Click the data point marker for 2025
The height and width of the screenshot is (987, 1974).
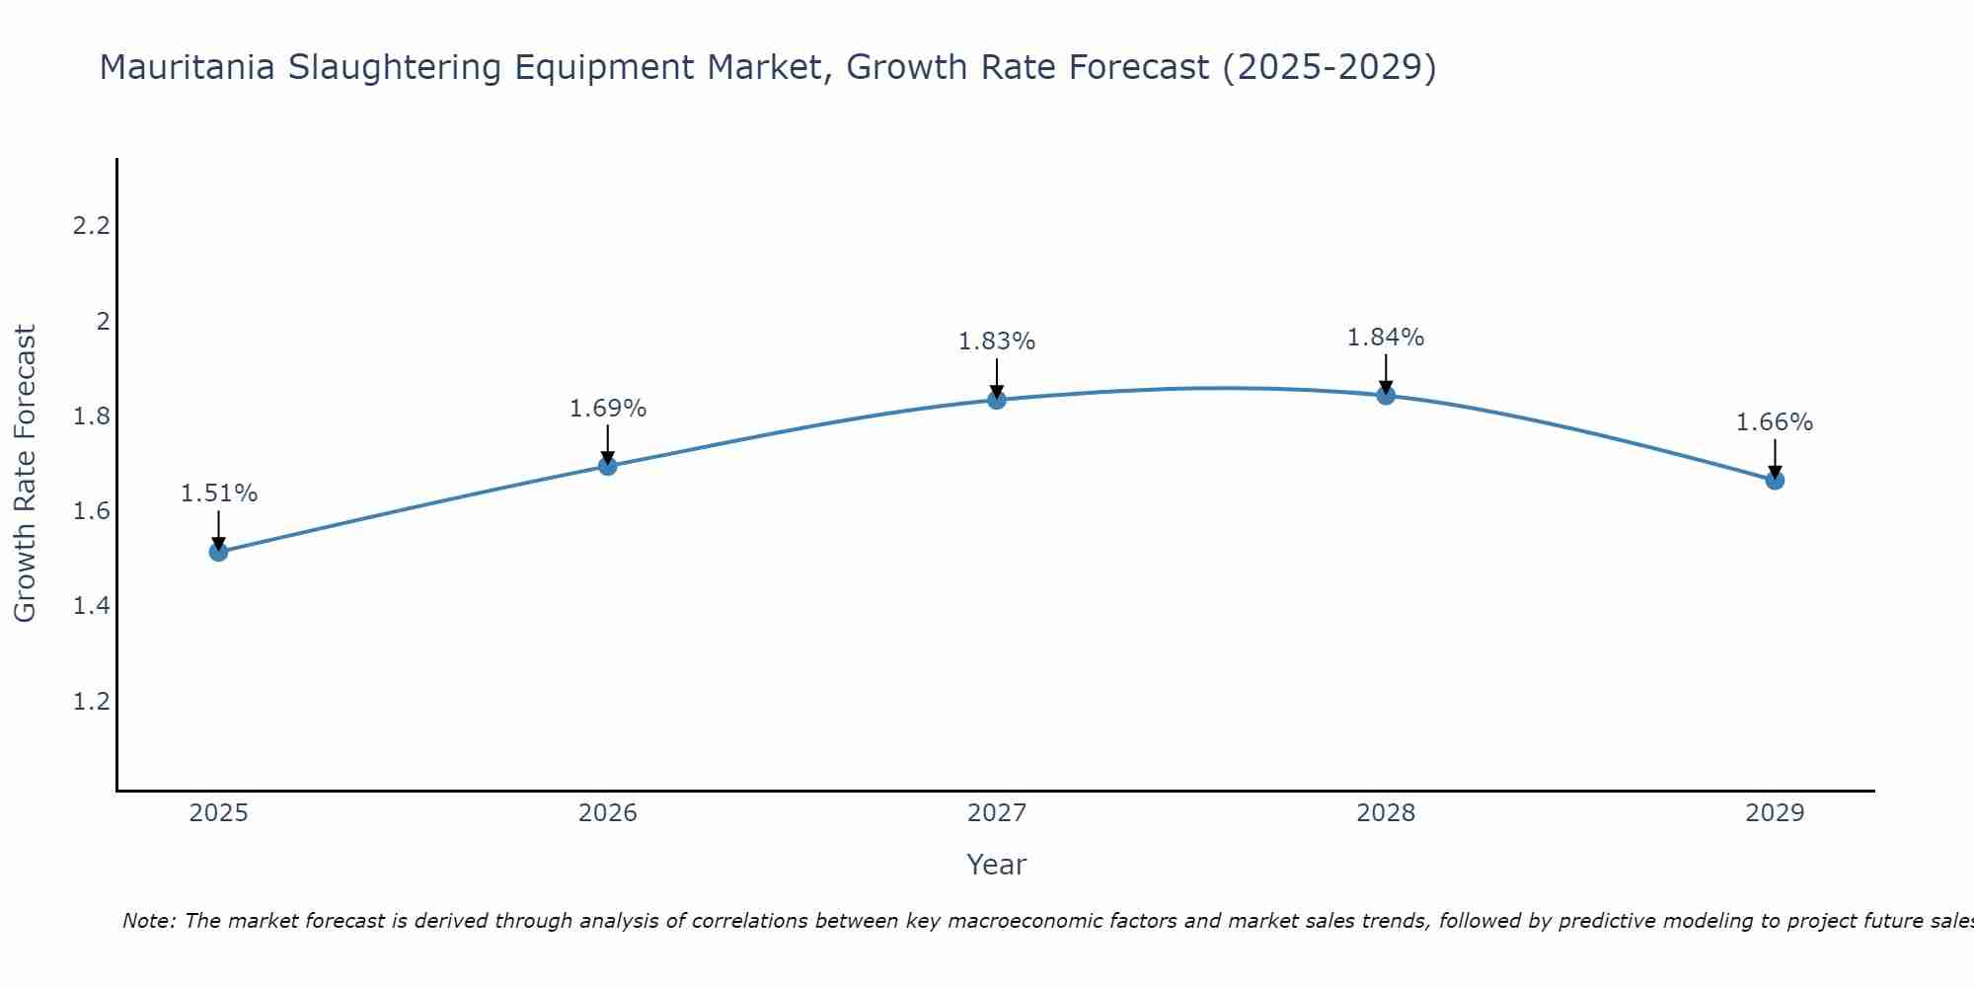(x=219, y=552)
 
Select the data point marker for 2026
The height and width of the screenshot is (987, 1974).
(x=608, y=466)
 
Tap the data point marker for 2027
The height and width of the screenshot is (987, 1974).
(x=997, y=400)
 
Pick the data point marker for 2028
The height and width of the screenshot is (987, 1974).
(x=1386, y=396)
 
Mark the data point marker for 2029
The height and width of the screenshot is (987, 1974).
(x=1775, y=481)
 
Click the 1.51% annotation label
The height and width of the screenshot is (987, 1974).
(x=219, y=493)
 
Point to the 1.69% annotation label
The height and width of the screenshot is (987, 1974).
(x=608, y=409)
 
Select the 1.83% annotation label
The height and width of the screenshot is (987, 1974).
(x=997, y=342)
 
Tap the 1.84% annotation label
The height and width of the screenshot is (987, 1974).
(x=1386, y=338)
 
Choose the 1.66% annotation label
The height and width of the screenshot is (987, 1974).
(x=1775, y=422)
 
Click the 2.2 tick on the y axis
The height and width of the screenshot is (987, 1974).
(x=91, y=226)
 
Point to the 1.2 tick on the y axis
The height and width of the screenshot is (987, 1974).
(x=91, y=702)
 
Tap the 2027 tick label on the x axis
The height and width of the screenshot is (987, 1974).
(x=997, y=813)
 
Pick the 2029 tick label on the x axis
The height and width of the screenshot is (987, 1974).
(x=1775, y=813)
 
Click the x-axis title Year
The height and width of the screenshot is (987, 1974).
(x=997, y=865)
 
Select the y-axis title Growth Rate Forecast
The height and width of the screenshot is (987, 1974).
(x=26, y=474)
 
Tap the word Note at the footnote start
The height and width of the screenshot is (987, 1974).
(x=148, y=921)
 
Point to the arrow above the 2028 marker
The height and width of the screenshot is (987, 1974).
(x=1386, y=373)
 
